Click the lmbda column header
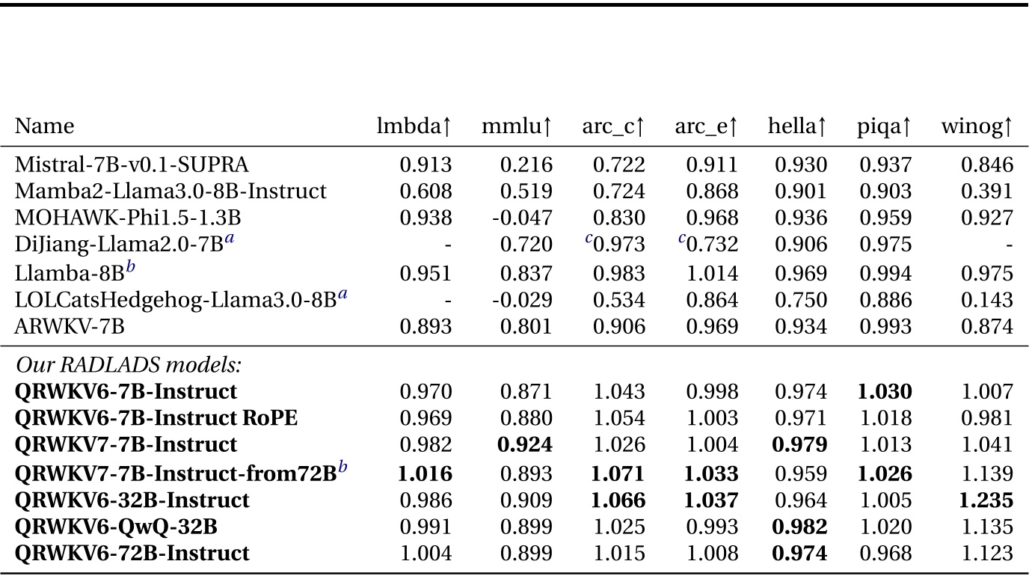414,127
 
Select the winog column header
977,127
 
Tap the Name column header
45,126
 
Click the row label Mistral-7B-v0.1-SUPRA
132,165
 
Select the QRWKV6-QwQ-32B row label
117,527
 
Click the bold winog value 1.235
988,500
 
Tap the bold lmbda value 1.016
426,473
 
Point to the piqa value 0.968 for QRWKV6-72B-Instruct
890,554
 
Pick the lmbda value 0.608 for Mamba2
426,192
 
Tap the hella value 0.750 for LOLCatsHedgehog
802,299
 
